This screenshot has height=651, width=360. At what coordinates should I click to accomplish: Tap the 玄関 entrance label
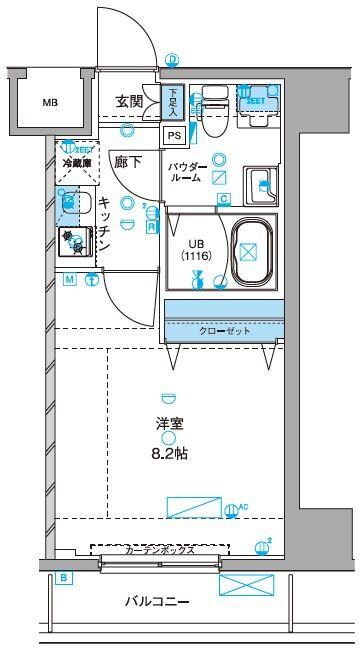129,102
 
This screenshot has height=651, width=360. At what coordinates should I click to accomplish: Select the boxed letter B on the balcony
63,577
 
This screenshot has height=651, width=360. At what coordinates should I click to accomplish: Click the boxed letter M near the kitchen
70,280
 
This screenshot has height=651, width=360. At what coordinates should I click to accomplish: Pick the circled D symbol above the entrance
172,60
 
